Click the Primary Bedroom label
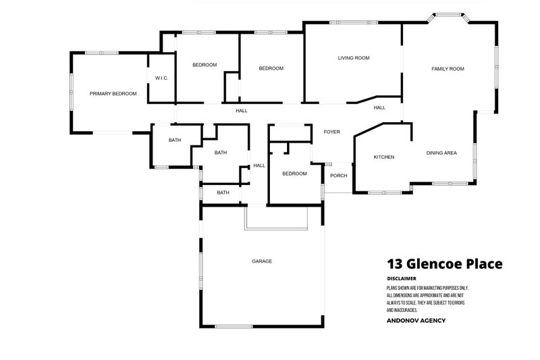coord(113,94)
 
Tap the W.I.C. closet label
coord(161,78)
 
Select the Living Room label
coord(354,58)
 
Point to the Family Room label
coord(448,69)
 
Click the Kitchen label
coord(384,157)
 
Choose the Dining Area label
coord(441,153)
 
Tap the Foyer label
coord(332,132)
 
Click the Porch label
coord(338,176)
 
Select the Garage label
coord(262,261)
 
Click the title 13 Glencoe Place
coord(444,264)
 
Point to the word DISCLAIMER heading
coord(402,278)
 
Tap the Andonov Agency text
coord(416,320)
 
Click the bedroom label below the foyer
coord(294,174)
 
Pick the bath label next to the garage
coord(223,192)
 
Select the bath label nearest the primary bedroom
coord(175,140)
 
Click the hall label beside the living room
coord(379,107)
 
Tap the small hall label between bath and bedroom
coord(259,165)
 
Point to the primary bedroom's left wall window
coord(71,92)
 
